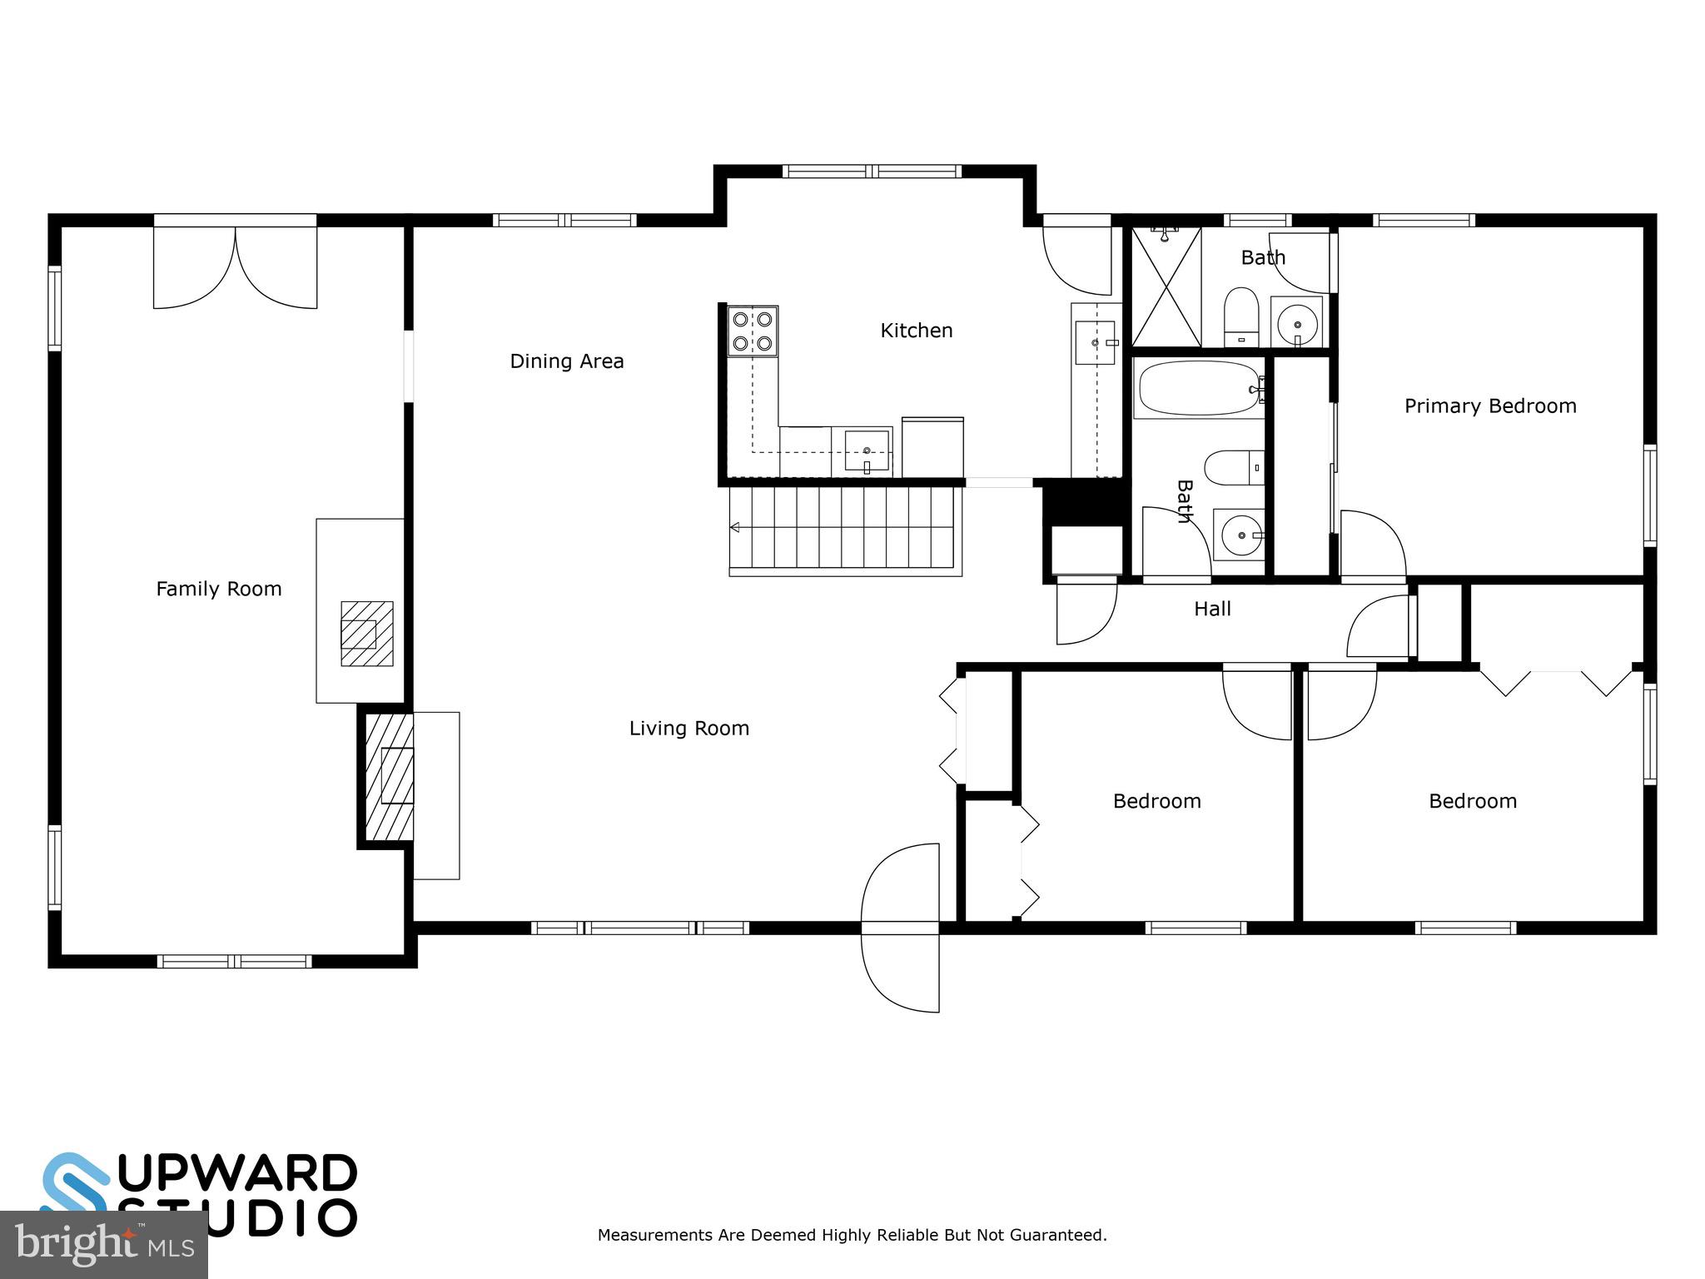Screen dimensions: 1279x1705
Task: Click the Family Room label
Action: point(219,590)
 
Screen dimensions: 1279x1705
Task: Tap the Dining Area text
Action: point(566,361)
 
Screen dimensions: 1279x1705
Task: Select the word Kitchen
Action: point(916,331)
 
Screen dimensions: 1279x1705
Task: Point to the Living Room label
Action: point(688,729)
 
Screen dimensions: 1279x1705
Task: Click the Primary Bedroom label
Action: point(1489,406)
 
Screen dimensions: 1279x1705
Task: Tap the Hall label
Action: point(1212,610)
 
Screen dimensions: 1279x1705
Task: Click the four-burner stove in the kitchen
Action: point(753,331)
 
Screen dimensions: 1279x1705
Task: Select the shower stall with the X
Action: point(1166,286)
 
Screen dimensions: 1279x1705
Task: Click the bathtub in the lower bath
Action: point(1199,388)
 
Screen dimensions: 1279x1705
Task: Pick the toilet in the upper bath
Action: point(1241,316)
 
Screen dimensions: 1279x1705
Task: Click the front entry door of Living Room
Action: point(902,928)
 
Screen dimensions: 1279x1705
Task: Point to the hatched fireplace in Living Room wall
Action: point(390,776)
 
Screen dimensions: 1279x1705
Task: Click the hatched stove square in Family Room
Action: point(366,634)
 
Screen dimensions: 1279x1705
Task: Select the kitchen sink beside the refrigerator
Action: point(867,451)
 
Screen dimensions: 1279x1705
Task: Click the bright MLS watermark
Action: point(103,1244)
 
